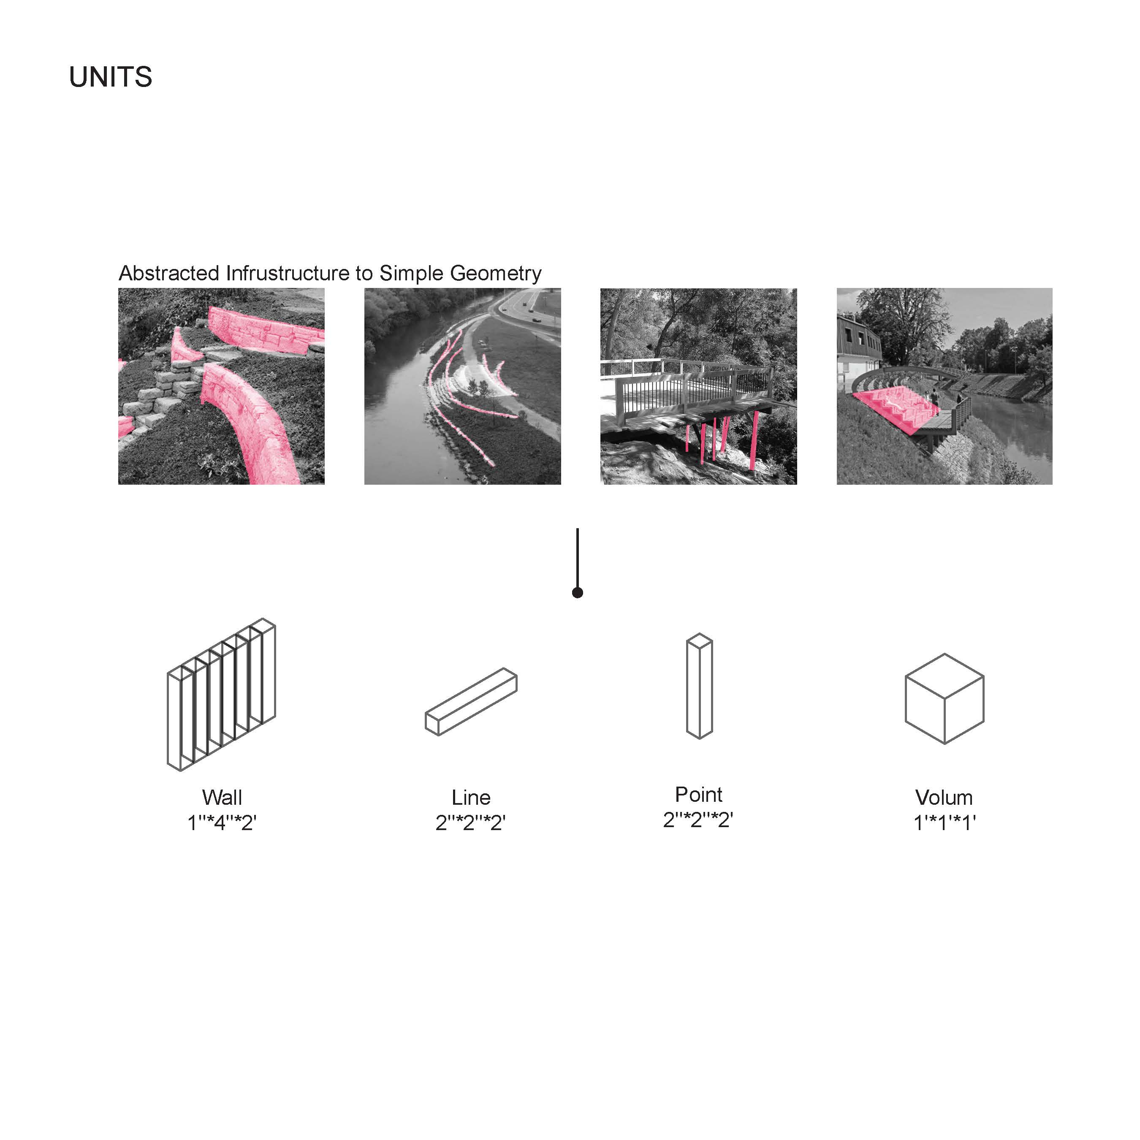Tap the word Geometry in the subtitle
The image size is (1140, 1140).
(x=496, y=274)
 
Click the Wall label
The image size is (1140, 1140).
(x=222, y=797)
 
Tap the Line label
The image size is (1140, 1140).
(x=471, y=797)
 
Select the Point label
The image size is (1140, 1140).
(x=699, y=794)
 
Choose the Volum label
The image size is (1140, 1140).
(x=944, y=797)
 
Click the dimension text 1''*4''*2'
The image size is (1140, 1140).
(x=222, y=822)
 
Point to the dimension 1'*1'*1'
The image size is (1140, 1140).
(x=945, y=822)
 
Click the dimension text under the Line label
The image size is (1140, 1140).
(x=470, y=822)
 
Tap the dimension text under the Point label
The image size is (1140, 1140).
(x=698, y=819)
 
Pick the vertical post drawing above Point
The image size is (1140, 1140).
(x=700, y=686)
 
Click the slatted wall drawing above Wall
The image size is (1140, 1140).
(x=221, y=695)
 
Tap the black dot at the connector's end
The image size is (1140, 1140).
(x=578, y=592)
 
